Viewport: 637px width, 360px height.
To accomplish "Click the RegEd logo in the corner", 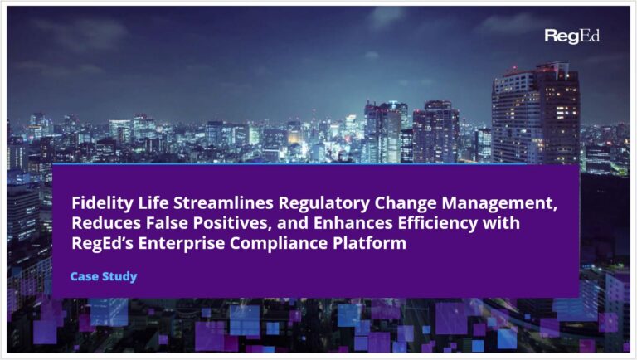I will (572, 36).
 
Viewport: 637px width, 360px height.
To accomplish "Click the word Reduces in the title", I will (103, 222).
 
